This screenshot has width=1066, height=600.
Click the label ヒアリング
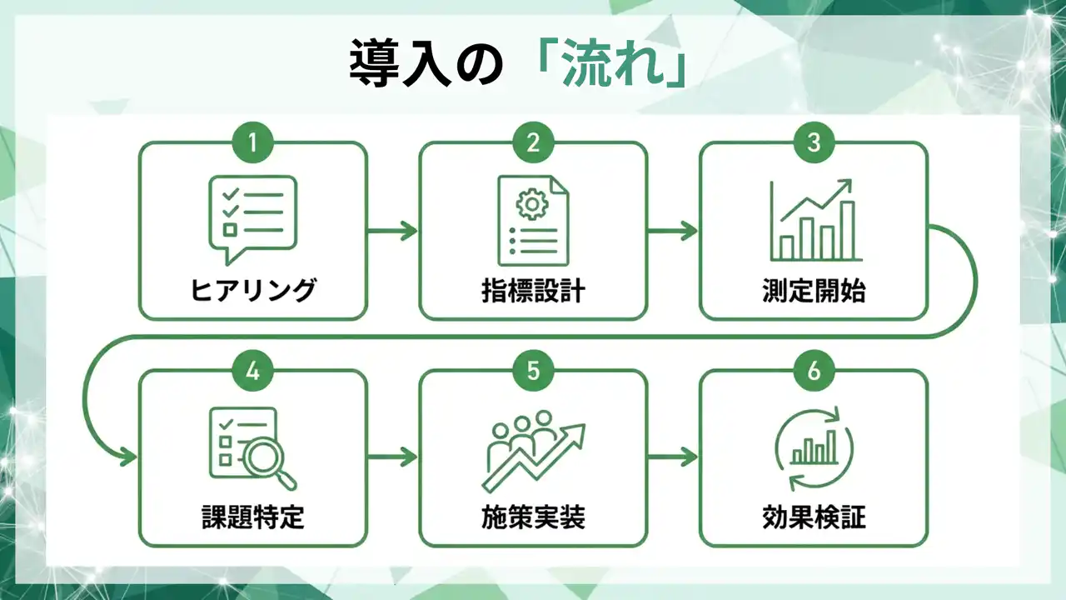tap(253, 291)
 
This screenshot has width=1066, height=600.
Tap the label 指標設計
tap(533, 291)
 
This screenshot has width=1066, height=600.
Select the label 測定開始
tap(814, 291)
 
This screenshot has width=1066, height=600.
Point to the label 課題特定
tap(253, 517)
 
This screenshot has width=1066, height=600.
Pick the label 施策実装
tap(533, 517)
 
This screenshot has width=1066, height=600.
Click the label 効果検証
tap(814, 517)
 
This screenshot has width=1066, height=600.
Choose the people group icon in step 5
tap(521, 433)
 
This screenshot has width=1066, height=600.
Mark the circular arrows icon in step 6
tap(814, 450)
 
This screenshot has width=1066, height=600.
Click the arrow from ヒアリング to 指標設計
tap(392, 231)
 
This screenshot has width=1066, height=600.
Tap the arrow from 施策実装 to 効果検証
tap(673, 457)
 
